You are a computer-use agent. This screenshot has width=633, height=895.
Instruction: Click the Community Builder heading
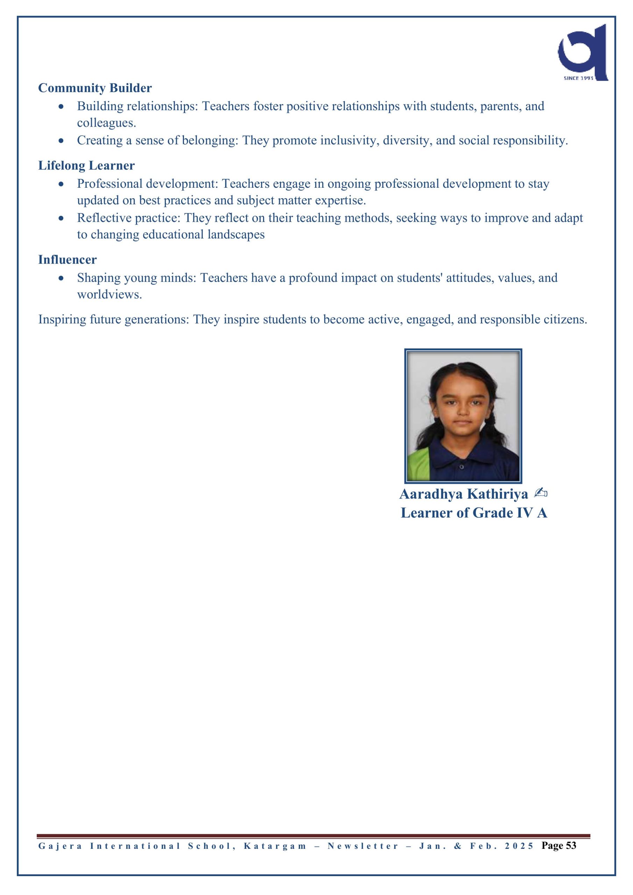95,88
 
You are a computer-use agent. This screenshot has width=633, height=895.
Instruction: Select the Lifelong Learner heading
86,166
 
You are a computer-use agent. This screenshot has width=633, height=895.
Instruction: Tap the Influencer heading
67,260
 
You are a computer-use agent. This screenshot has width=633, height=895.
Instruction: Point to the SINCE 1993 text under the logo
578,78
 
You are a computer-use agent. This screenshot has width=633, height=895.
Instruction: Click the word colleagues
106,123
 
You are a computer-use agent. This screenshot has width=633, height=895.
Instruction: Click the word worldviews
109,295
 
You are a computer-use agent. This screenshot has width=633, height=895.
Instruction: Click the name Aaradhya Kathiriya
463,494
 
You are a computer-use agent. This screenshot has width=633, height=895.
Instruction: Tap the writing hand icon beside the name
541,494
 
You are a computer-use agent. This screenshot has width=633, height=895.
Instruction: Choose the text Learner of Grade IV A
474,513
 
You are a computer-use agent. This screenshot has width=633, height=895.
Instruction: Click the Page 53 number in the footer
559,845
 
